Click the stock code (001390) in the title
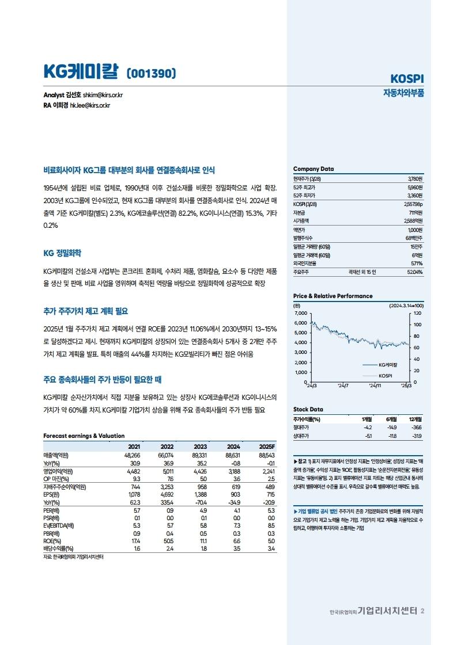pyautogui.click(x=150, y=73)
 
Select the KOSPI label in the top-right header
pyautogui.click(x=407, y=78)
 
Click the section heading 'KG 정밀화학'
pyautogui.click(x=62, y=253)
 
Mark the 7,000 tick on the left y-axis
pyautogui.click(x=301, y=313)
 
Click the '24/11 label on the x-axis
pyautogui.click(x=375, y=386)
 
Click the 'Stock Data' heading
pyautogui.click(x=308, y=409)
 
